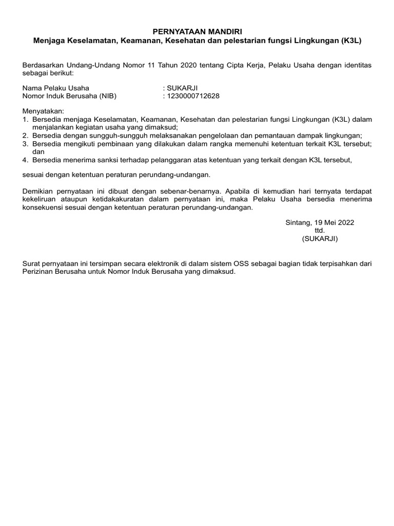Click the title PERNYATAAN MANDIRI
[x=197, y=32]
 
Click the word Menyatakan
[x=44, y=111]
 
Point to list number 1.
[x=25, y=119]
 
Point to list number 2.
[x=25, y=136]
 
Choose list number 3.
[x=25, y=143]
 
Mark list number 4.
[x=25, y=160]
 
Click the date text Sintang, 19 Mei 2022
[x=320, y=222]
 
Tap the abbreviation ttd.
[x=320, y=231]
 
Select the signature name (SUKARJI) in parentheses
[x=320, y=239]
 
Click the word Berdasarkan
[x=44, y=65]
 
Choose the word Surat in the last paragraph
[x=31, y=264]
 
